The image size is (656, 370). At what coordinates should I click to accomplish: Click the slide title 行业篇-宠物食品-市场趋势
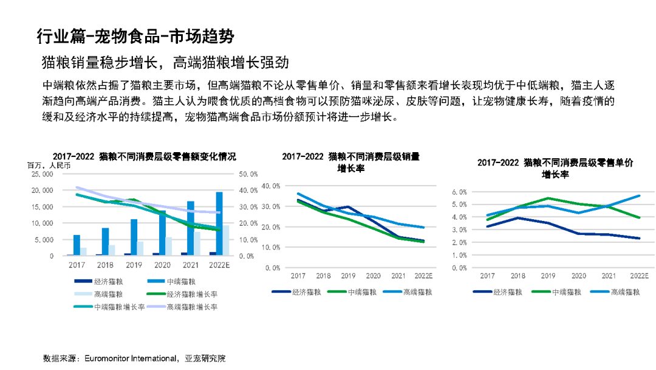tap(135, 36)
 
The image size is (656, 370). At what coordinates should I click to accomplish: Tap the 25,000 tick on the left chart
tap(42, 174)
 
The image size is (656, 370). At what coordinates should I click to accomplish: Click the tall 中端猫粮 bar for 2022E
tap(219, 223)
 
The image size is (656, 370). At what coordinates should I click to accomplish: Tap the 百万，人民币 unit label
tap(49, 164)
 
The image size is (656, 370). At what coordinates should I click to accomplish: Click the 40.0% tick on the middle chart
tap(270, 186)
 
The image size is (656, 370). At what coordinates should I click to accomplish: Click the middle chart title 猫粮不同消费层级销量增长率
tap(350, 162)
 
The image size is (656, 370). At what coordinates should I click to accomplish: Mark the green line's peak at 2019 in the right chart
tap(548, 198)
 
